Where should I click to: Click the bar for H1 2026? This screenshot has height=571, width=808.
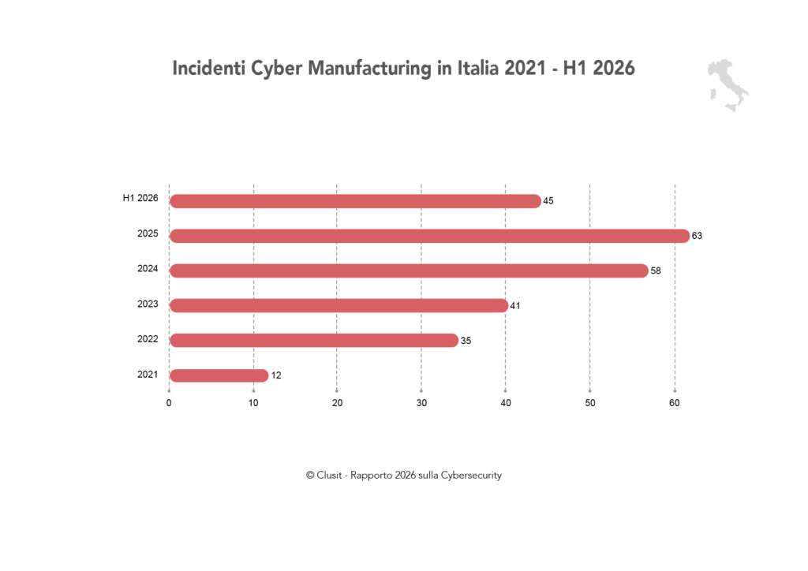point(356,201)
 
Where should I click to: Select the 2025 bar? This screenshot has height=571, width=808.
point(430,236)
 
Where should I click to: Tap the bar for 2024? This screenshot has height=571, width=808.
point(410,271)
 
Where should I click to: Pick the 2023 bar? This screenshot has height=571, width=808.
point(339,306)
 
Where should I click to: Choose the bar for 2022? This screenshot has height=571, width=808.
point(314,341)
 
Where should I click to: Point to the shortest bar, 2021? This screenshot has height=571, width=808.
point(219,376)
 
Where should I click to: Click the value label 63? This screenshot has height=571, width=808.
point(697,236)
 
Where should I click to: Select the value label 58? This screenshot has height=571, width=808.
point(656,271)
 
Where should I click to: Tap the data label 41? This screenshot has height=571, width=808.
point(515,306)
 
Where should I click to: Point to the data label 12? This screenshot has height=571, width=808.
point(276,375)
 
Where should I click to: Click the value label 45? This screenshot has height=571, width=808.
point(548,201)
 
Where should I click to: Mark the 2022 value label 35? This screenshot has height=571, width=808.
point(466,341)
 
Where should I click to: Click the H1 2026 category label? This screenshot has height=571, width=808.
point(140,198)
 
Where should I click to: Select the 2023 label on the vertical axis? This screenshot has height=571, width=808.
point(148,304)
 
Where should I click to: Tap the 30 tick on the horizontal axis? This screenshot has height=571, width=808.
point(421,403)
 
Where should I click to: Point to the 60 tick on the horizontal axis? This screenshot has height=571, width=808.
point(675,403)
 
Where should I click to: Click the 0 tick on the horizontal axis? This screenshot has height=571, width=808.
point(169,403)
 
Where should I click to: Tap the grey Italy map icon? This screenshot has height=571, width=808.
point(728,85)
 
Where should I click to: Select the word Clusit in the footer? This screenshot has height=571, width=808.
point(329,476)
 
